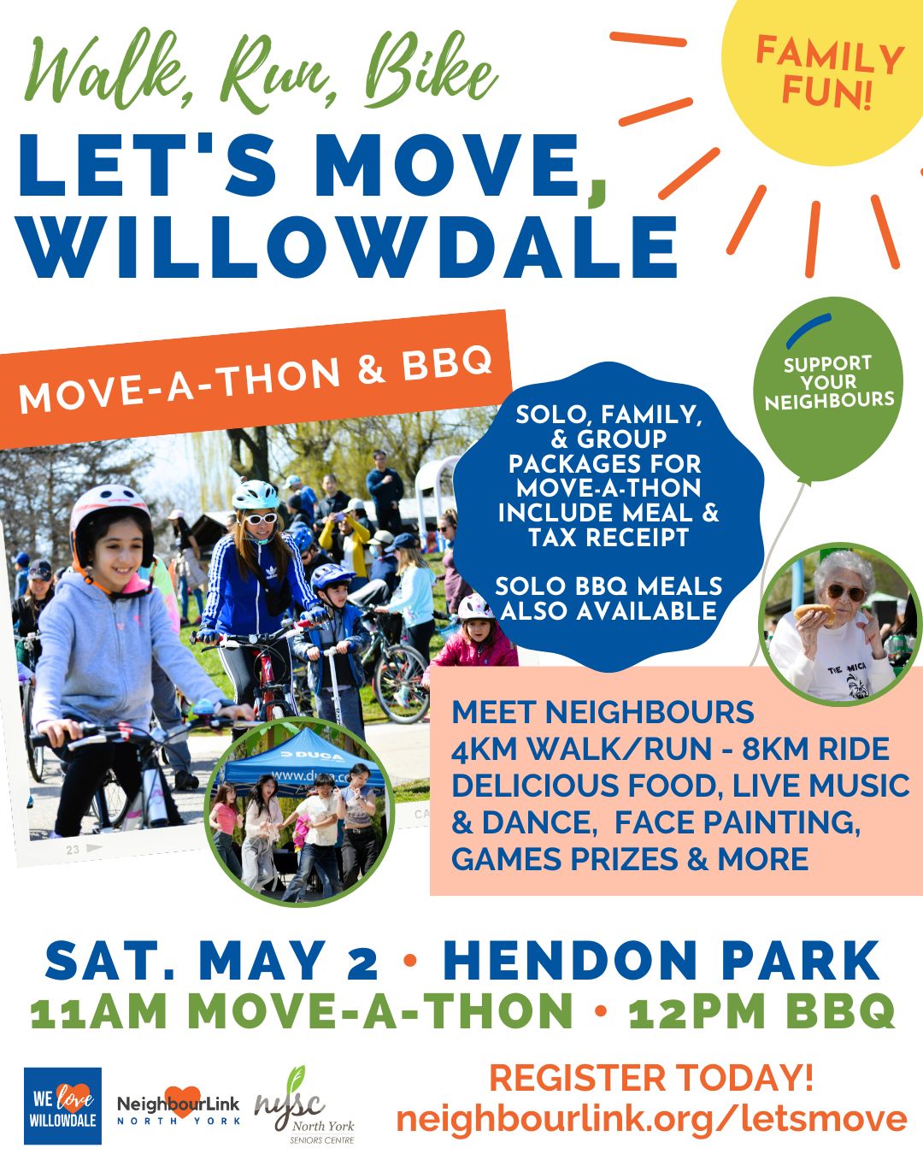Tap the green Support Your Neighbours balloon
click(828, 385)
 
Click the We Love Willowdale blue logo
click(62, 1104)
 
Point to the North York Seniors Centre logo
click(305, 1105)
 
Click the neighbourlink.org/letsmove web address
click(651, 1118)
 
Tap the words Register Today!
click(651, 1078)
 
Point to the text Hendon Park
click(661, 961)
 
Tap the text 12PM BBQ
click(761, 1012)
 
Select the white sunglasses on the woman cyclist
click(262, 518)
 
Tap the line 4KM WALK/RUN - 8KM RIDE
click(670, 749)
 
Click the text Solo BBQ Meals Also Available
click(608, 598)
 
